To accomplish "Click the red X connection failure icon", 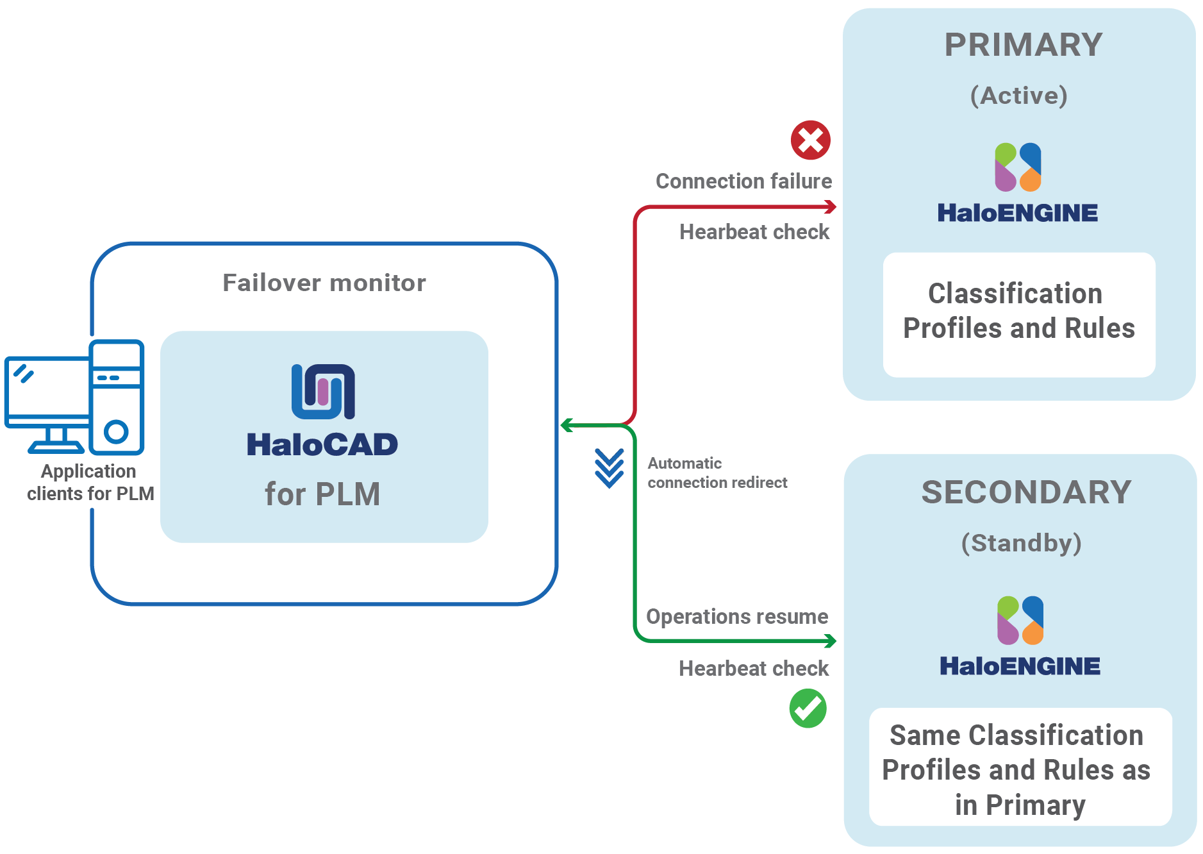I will (x=810, y=140).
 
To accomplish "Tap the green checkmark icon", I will (x=808, y=708).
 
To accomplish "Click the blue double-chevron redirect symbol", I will (x=609, y=468).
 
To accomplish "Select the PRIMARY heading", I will (x=1023, y=45).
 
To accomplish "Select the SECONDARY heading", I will (x=1026, y=492).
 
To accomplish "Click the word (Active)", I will (x=1019, y=96).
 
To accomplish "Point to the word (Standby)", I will (x=1021, y=543).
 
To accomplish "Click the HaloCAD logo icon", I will (x=323, y=391).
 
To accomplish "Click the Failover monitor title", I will (x=324, y=283).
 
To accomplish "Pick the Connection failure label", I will (x=743, y=181).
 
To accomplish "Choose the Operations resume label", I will (x=737, y=617).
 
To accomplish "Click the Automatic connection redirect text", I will (x=717, y=473).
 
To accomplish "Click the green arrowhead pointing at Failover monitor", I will (x=566, y=425).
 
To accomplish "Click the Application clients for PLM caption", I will (x=90, y=483).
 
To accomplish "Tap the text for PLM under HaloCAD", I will (x=322, y=494).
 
